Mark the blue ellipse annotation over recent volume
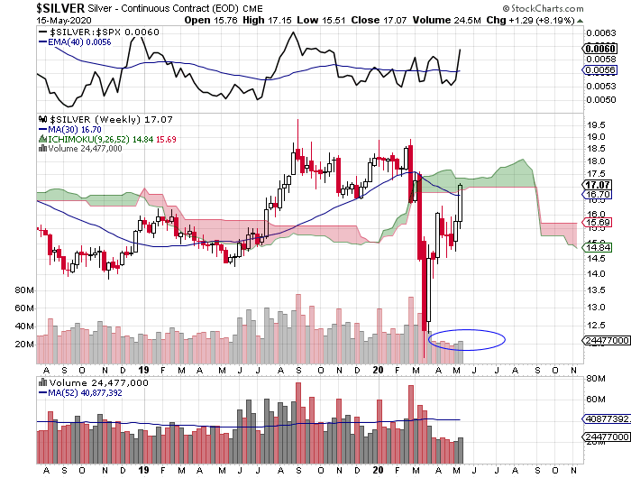tap(467, 339)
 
